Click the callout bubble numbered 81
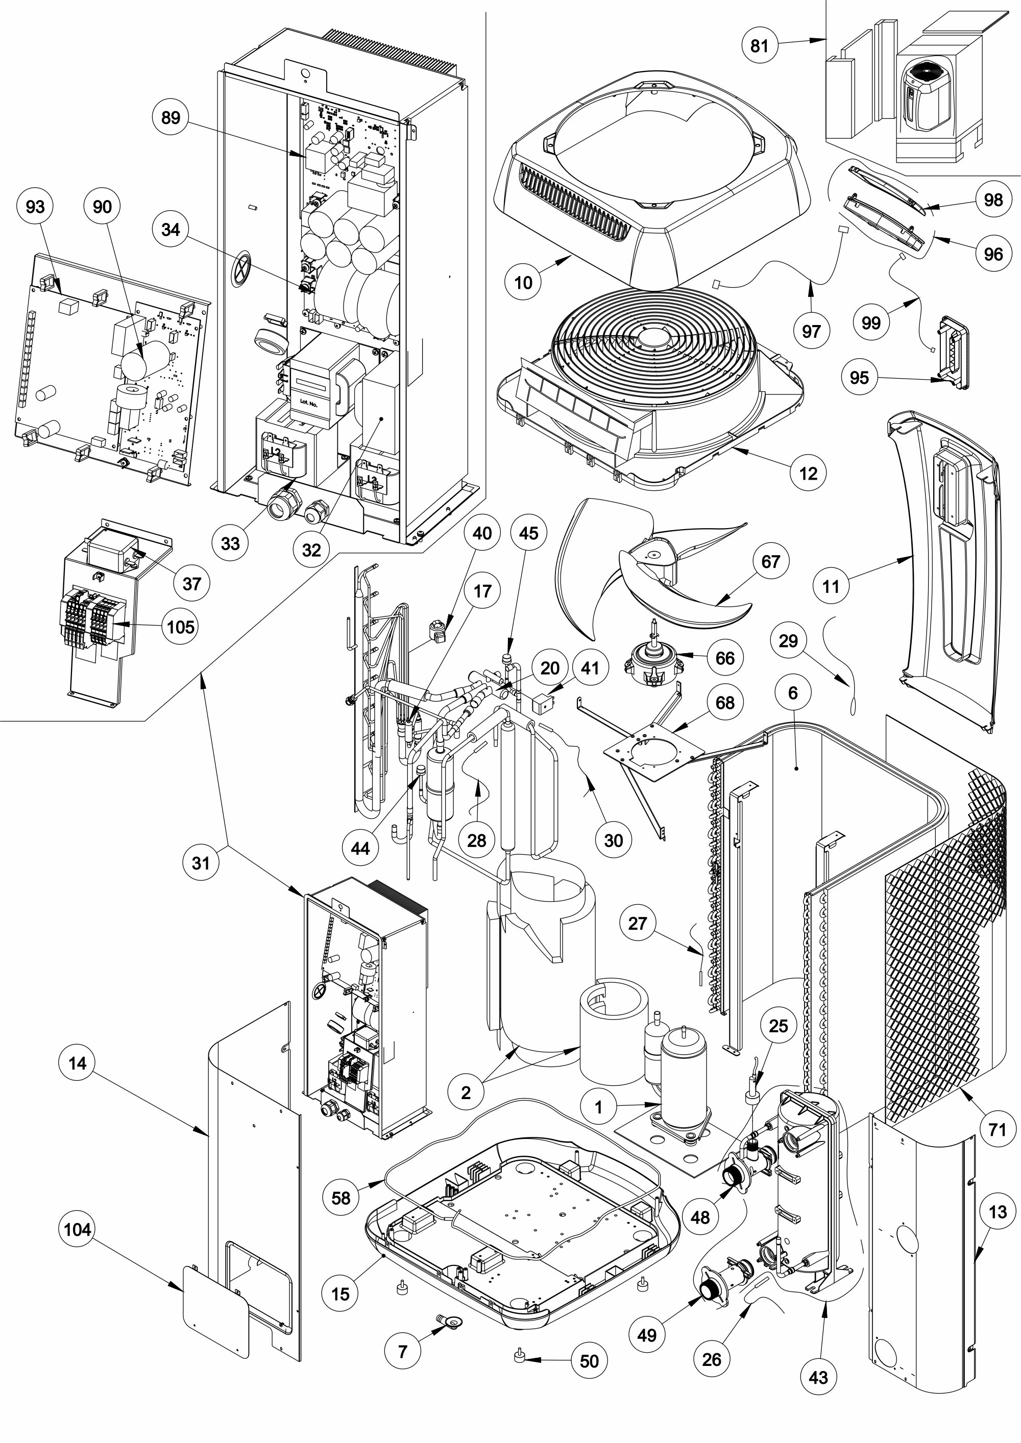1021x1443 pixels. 760,45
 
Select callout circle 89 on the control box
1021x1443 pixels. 171,117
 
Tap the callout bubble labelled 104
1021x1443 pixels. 77,1229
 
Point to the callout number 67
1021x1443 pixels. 771,561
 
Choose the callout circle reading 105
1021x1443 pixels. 180,627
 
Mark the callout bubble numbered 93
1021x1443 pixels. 35,206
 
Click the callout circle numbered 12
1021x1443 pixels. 808,472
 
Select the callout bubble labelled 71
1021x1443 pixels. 997,1129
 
